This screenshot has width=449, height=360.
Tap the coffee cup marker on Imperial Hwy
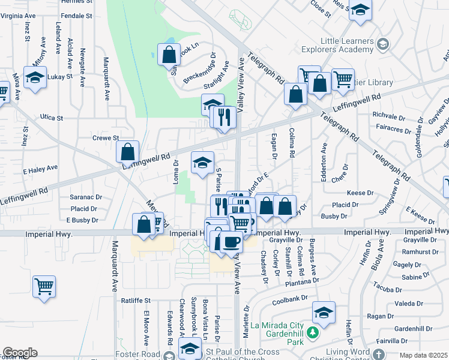pyautogui.click(x=231, y=242)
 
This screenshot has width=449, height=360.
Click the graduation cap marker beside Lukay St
pyautogui.click(x=35, y=77)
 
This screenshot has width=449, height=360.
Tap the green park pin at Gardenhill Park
pyautogui.click(x=312, y=332)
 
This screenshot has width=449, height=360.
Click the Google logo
pyautogui.click(x=20, y=353)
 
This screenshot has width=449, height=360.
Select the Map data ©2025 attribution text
pyautogui.click(x=424, y=355)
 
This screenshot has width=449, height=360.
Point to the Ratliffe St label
pyautogui.click(x=135, y=300)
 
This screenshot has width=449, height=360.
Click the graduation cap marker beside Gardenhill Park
pyautogui.click(x=324, y=312)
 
